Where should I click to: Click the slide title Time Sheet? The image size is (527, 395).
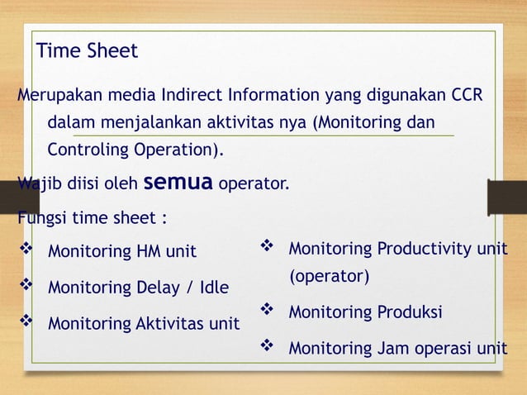(x=87, y=51)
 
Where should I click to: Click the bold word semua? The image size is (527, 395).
(x=179, y=182)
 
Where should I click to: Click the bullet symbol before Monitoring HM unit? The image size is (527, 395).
(x=24, y=250)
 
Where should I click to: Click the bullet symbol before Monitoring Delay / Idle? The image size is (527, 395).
(x=24, y=287)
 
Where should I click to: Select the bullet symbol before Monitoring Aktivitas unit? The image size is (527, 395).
(x=24, y=322)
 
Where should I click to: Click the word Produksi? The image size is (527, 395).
(x=408, y=312)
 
